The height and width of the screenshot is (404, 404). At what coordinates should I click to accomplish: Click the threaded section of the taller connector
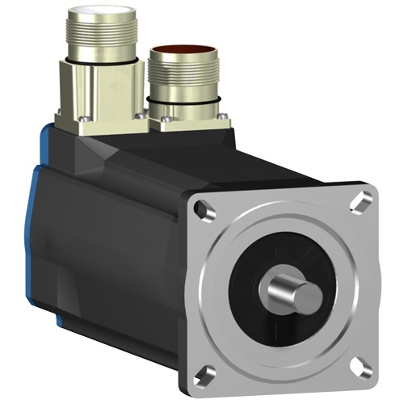97,40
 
